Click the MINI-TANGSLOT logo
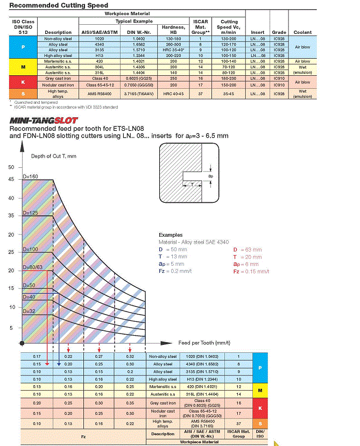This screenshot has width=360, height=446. click(44, 121)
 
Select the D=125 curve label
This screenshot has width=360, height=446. click(30, 214)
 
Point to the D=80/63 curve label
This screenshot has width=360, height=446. click(33, 267)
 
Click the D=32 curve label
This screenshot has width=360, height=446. click(29, 312)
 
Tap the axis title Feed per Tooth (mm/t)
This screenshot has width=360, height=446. click(204, 342)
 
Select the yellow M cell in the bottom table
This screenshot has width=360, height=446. click(260, 390)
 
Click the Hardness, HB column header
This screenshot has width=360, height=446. click(173, 30)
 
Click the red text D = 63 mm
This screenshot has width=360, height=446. click(247, 250)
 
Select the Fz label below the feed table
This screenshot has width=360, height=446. click(83, 437)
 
